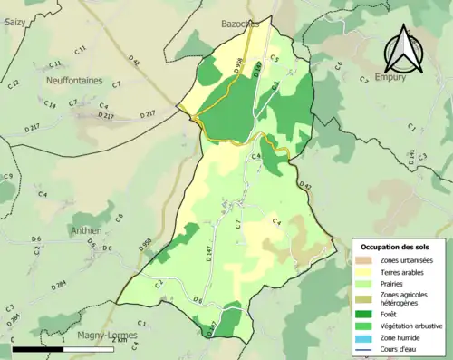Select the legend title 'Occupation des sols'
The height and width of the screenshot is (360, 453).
coord(400,246)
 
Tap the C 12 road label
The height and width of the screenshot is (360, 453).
coord(14,84)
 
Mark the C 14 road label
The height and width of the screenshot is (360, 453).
coord(50,105)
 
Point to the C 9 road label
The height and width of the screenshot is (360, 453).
coord(8,176)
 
